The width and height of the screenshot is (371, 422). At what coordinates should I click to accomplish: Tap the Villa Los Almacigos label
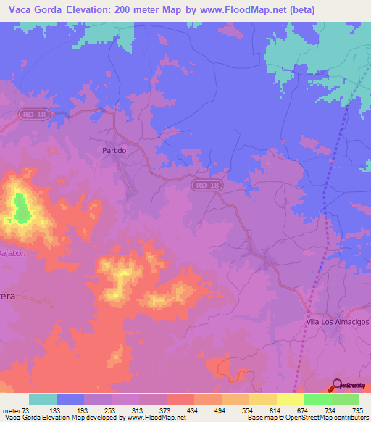337,321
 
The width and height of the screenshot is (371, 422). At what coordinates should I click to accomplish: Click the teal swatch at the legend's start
43,400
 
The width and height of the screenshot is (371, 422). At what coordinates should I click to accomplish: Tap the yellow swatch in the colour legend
291,400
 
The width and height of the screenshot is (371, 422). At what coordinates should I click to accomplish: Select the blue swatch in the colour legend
70,400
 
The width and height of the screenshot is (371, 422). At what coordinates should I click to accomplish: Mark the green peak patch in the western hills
21,207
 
